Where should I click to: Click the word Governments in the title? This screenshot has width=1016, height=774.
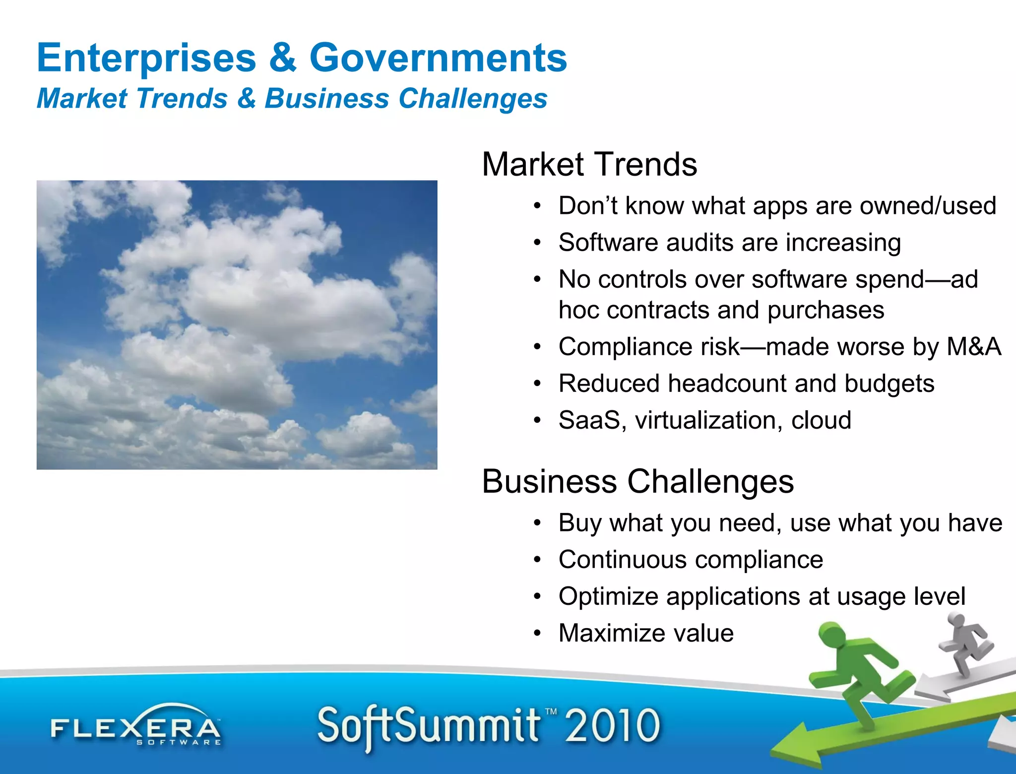[x=438, y=58]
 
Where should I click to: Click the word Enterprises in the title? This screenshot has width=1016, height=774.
[x=146, y=58]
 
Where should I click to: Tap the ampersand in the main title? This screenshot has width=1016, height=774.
[x=283, y=58]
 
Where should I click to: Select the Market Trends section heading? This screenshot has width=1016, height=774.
[x=589, y=164]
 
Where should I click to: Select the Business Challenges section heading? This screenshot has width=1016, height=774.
[x=637, y=481]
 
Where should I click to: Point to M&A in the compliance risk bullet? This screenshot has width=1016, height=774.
[x=974, y=346]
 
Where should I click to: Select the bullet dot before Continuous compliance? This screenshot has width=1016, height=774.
[x=537, y=560]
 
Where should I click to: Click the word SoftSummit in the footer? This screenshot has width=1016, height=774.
[x=429, y=725]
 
